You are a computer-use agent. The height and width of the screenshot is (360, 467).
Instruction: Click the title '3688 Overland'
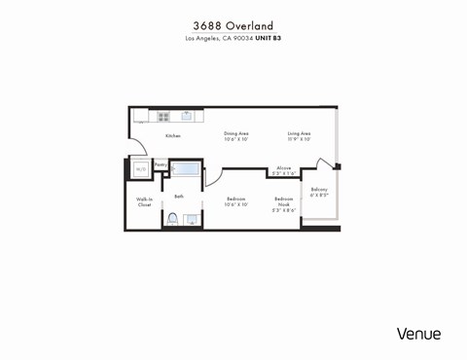233,25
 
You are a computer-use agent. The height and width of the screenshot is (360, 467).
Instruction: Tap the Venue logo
418,334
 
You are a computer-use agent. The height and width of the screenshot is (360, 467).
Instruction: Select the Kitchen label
172,136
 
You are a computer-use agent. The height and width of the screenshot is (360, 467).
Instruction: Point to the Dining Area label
236,135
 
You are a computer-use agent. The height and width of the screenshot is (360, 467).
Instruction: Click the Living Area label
299,135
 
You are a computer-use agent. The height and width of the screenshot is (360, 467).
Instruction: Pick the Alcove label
283,170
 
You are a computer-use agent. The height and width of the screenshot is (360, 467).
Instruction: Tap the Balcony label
319,192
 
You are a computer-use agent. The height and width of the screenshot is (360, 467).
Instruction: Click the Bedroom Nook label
283,206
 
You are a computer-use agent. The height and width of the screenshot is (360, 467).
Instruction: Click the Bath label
179,197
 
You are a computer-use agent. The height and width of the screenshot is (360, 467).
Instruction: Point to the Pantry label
160,165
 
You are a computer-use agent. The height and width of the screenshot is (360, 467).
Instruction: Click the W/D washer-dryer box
141,168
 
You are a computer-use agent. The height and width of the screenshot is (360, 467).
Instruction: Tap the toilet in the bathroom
172,219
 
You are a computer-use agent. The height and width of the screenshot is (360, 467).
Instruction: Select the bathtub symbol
186,170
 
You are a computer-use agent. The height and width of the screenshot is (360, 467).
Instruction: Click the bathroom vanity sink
192,220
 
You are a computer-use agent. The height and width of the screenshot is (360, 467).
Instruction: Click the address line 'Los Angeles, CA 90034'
219,39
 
